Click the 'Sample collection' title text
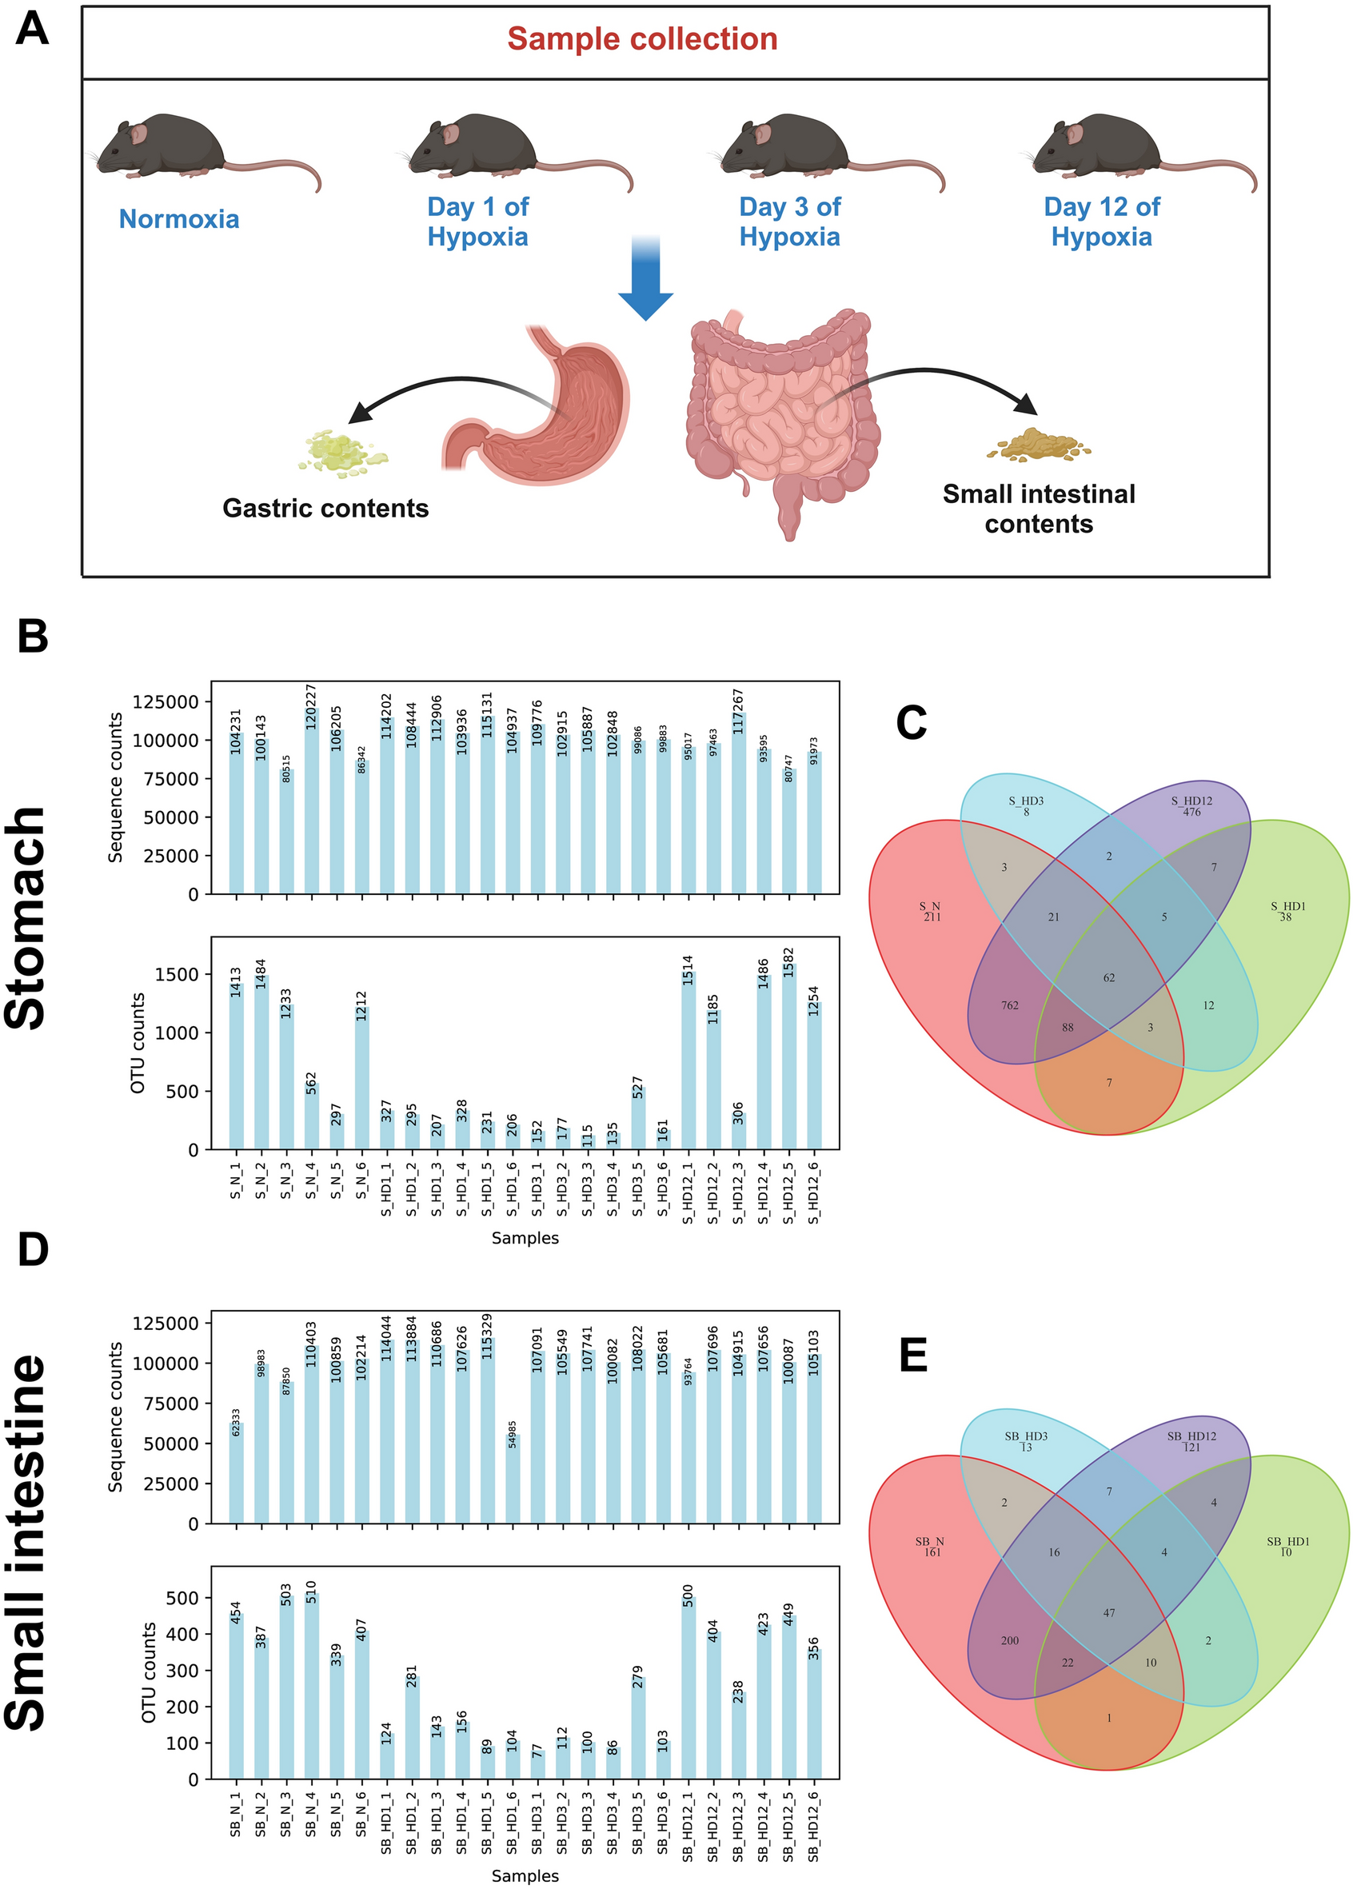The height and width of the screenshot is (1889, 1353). coord(642,39)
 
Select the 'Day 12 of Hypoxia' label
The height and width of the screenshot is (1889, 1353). coord(1102,222)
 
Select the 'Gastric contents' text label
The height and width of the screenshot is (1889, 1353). coord(325,508)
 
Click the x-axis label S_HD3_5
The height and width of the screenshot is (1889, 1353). coord(638,1190)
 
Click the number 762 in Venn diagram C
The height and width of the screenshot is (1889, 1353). coord(1009,1005)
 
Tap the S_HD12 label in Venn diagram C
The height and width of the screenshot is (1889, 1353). coord(1191,801)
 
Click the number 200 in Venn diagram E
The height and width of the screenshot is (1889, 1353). coord(1009,1640)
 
